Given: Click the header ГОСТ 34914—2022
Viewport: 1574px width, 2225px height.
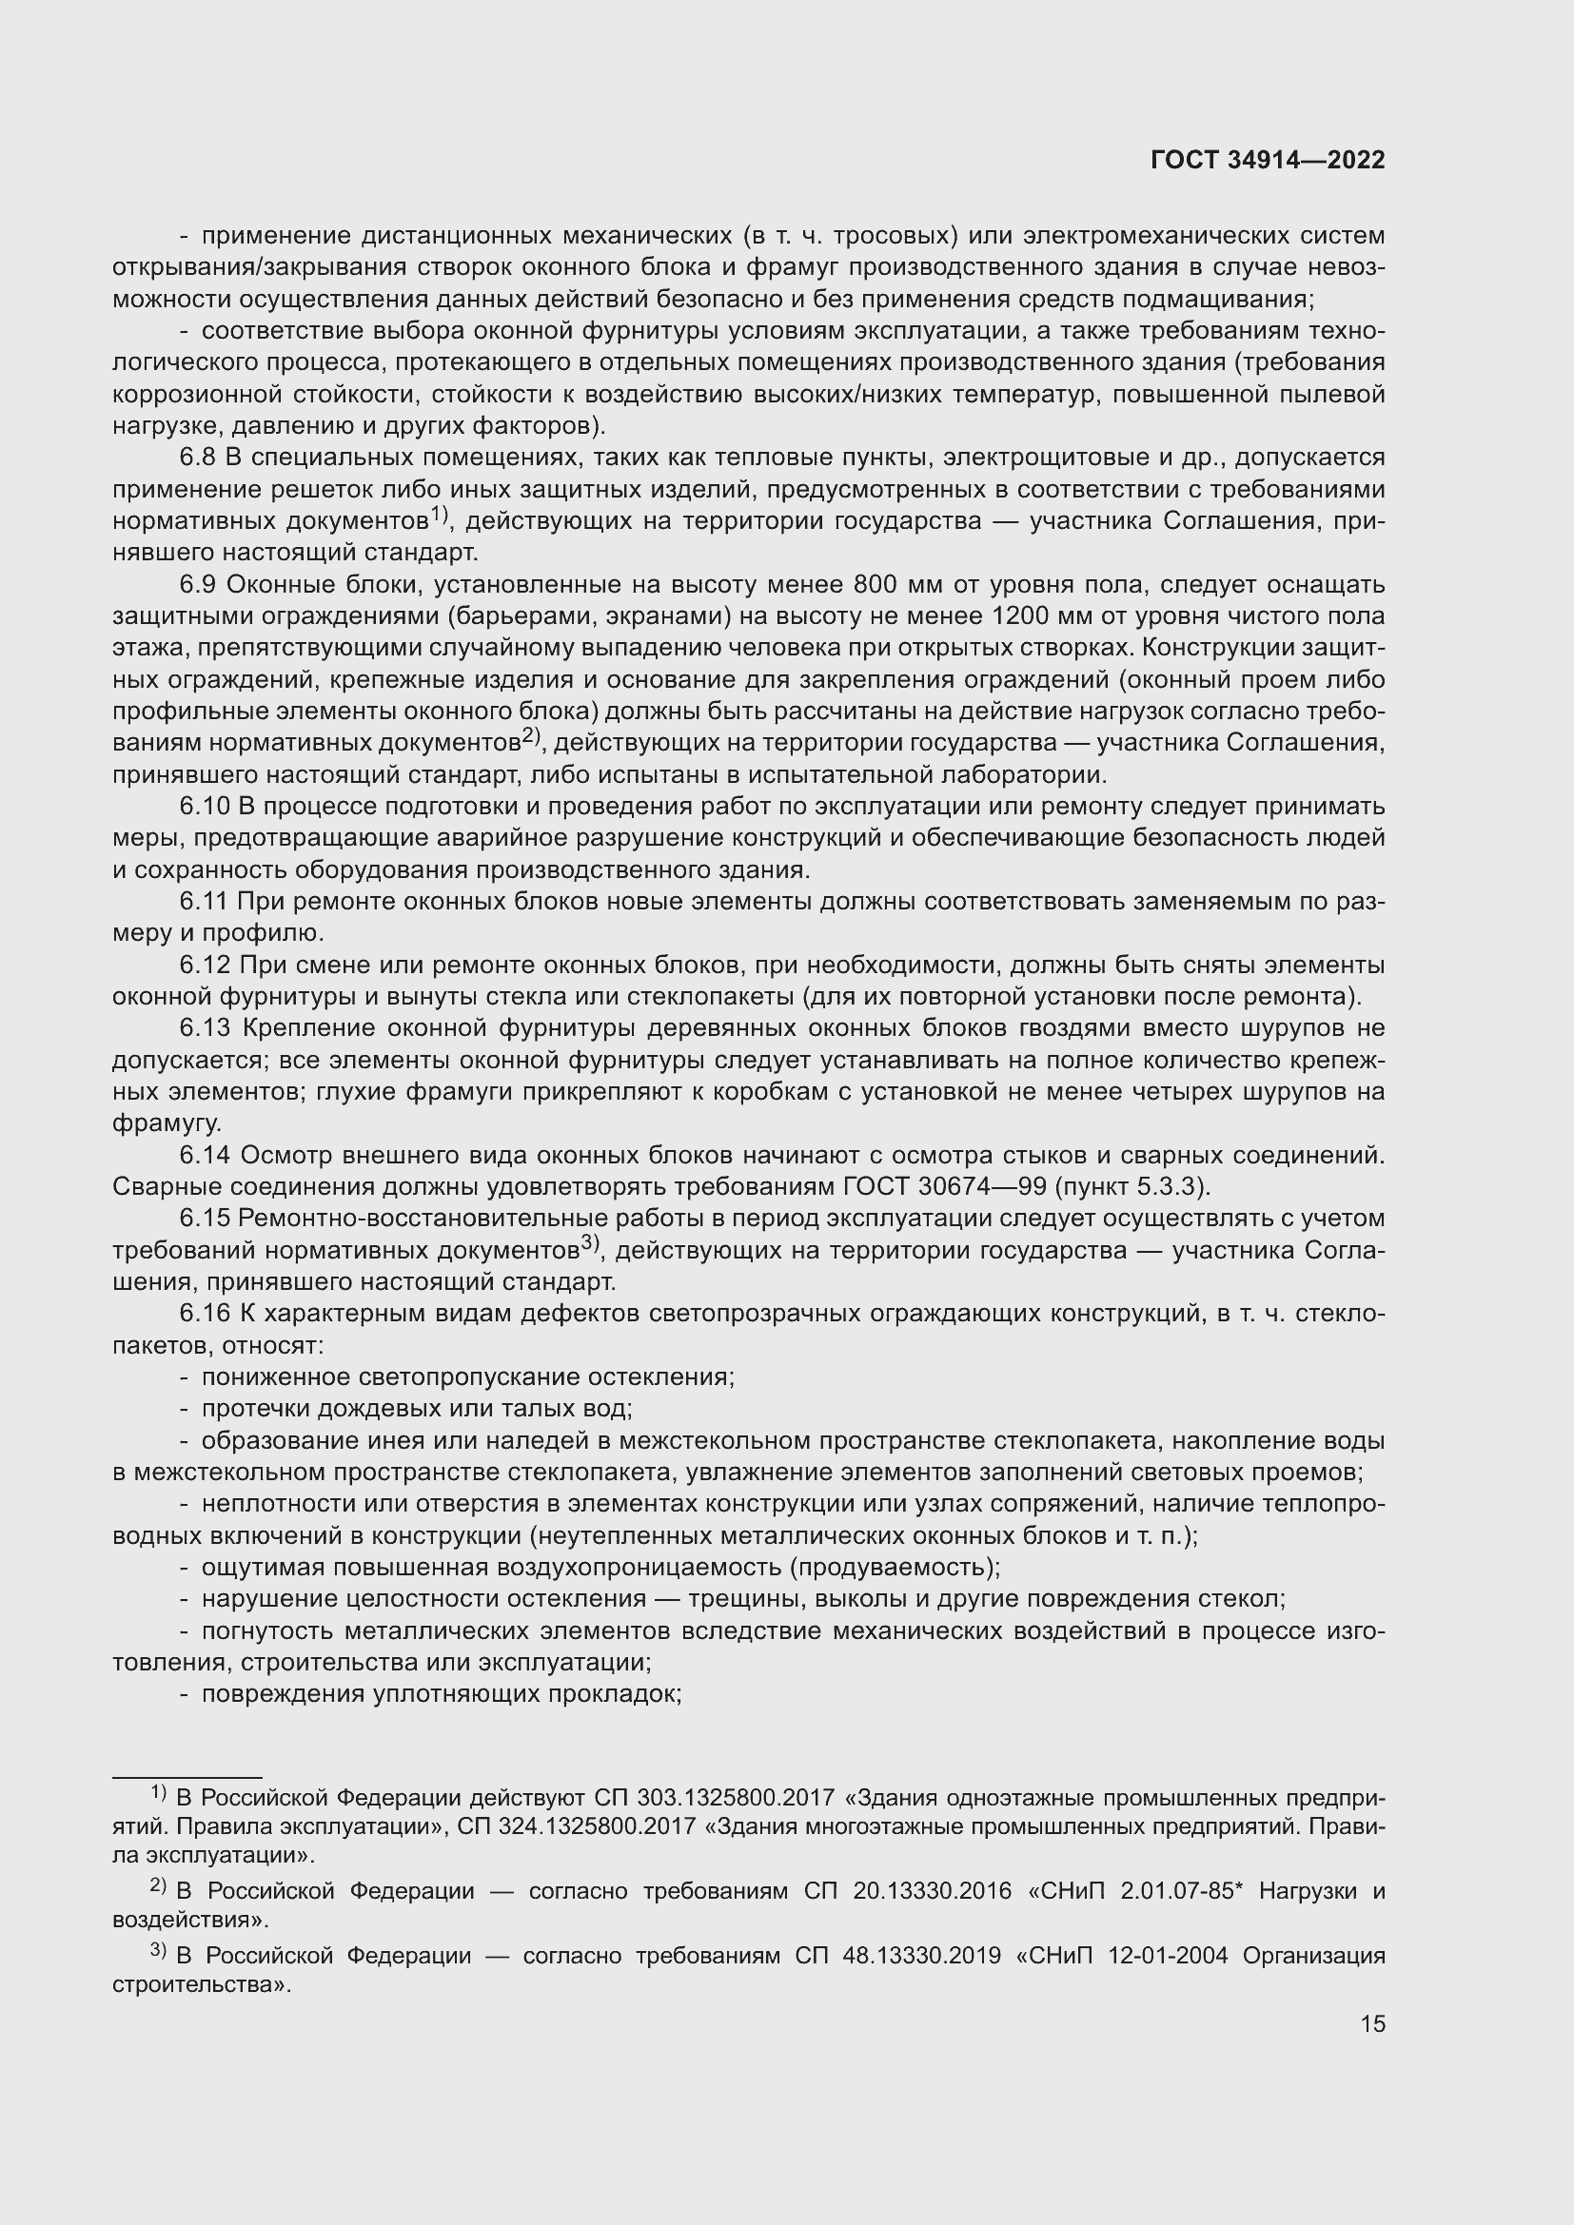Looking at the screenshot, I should tap(1267, 161).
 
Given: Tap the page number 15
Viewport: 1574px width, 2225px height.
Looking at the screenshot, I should tap(1372, 2023).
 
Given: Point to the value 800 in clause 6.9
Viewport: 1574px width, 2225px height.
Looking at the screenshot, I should tap(876, 585).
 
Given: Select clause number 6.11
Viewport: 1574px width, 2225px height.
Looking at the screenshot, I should tap(204, 902).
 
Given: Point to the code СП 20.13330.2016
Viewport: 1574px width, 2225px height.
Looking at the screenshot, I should tap(907, 1891).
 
